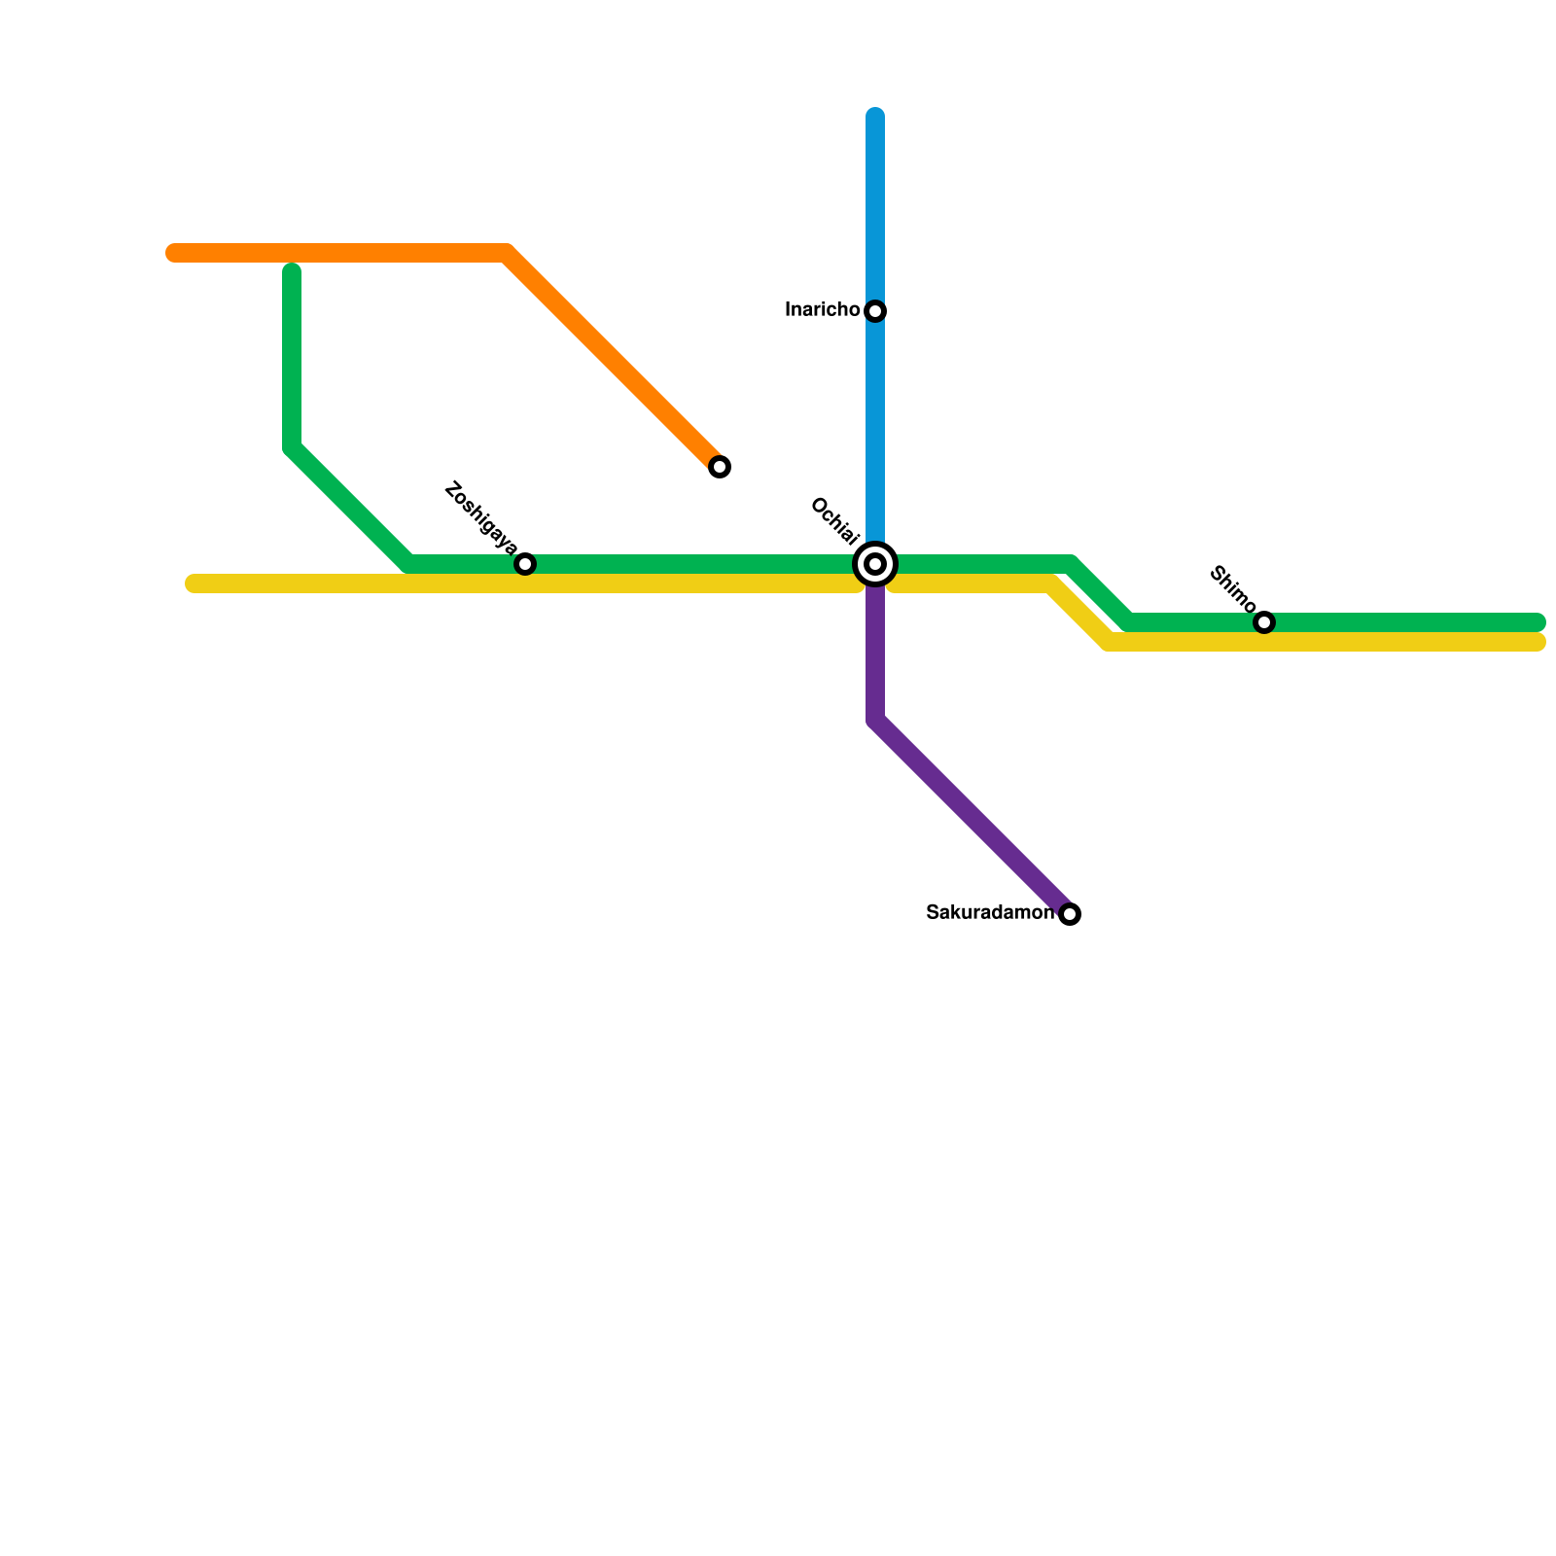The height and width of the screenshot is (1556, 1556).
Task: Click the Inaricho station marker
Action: coord(875,311)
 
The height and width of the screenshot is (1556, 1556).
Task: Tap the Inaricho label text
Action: coord(822,310)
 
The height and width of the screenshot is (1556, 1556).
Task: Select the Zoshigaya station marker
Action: coord(525,564)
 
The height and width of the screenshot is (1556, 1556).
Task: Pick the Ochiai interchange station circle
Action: coord(875,564)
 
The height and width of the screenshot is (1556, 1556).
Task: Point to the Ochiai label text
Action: coord(834,521)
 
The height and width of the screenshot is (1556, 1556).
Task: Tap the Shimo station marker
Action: coord(1264,622)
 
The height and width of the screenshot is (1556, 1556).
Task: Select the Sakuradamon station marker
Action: coord(1070,914)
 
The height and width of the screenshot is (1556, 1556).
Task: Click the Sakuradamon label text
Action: coord(989,913)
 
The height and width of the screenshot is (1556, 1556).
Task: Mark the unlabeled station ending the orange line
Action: coord(720,467)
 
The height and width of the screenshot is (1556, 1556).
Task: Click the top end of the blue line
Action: coord(875,116)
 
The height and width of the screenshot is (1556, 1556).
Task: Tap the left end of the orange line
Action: coord(173,254)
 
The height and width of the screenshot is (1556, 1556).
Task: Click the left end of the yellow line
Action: coord(193,583)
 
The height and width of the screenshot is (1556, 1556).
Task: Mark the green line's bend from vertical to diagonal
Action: coord(292,447)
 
